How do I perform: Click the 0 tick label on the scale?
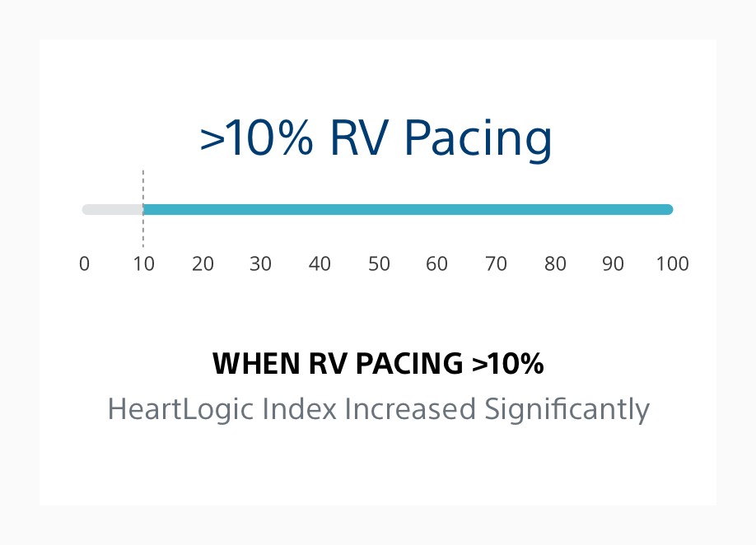(84, 264)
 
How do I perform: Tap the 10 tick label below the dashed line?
(143, 264)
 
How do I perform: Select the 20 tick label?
(203, 264)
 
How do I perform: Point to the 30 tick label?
(261, 264)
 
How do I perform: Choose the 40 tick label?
(320, 264)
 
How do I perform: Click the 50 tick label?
(379, 264)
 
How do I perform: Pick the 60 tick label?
(437, 264)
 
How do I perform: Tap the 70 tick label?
(496, 264)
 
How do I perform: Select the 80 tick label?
(555, 264)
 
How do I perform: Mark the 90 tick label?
(614, 264)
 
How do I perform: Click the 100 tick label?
(672, 264)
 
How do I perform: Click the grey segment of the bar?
(113, 209)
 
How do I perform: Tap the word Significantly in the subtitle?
(566, 409)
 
